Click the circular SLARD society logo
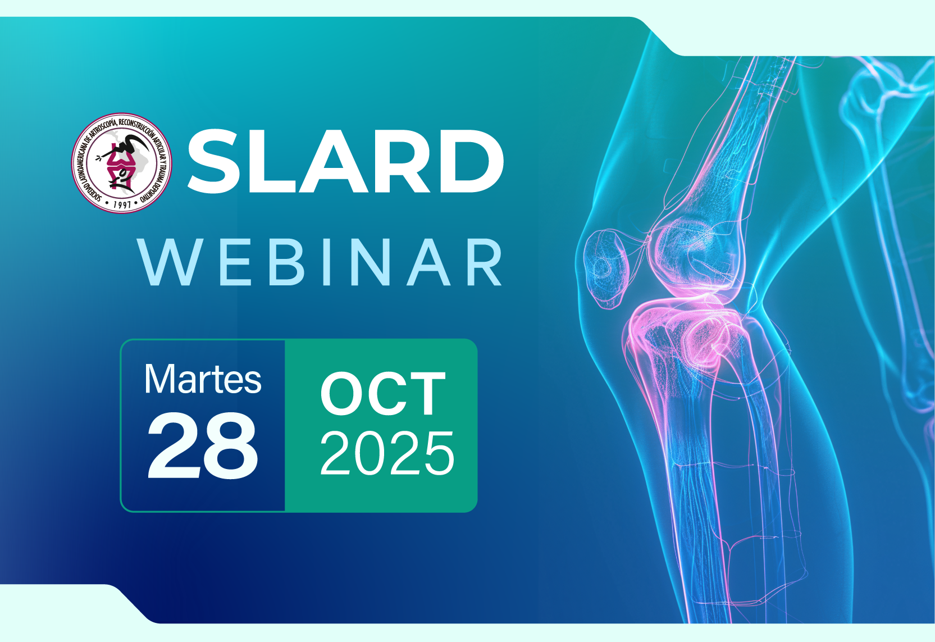121,163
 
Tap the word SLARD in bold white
345,162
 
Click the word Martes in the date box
203,379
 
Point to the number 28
203,445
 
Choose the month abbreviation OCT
383,394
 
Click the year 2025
387,454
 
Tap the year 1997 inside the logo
122,204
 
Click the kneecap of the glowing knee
606,268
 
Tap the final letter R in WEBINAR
485,262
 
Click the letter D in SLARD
472,162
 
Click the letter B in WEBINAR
286,262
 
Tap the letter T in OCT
426,394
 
